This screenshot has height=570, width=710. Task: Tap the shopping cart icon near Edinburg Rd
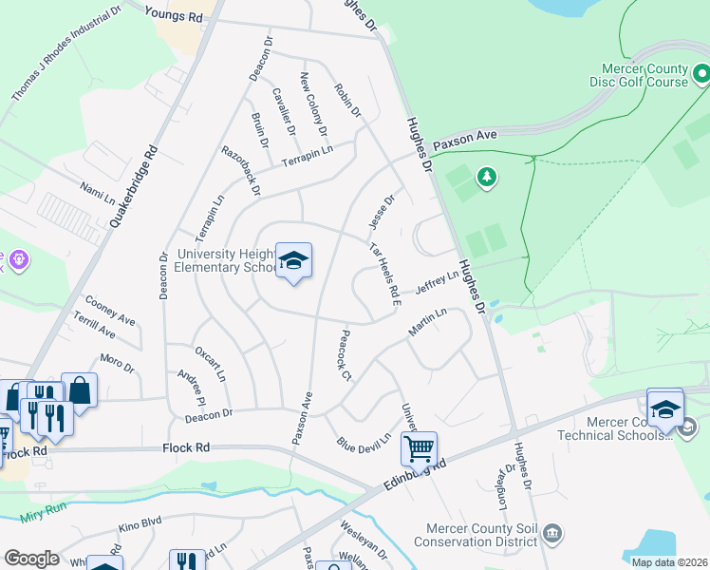(419, 448)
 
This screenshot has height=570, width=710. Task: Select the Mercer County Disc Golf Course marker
(701, 72)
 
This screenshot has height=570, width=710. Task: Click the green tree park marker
(487, 177)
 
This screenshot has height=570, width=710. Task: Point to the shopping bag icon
(80, 389)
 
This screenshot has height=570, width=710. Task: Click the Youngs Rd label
(175, 14)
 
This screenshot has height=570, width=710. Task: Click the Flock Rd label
(186, 447)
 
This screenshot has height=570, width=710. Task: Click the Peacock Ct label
(345, 355)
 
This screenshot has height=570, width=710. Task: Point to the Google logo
(30, 559)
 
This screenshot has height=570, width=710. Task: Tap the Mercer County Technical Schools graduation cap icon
(665, 408)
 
